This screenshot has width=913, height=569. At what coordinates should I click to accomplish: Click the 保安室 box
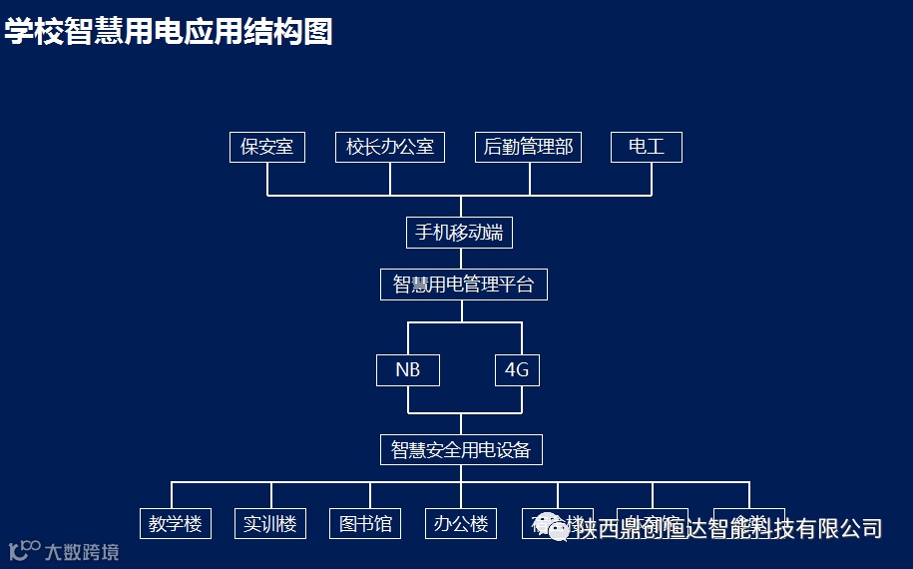267,147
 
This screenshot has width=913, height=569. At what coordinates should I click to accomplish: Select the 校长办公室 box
390,147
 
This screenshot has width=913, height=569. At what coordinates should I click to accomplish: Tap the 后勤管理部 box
529,147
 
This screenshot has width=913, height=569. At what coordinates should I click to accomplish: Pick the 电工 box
647,147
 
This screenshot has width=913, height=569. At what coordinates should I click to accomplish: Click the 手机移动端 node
459,233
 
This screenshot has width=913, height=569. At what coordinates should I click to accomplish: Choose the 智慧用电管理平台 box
464,284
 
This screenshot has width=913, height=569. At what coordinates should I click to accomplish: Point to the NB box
407,370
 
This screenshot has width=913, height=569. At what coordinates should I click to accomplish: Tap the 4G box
517,370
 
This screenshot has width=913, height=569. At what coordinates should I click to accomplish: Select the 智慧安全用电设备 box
461,449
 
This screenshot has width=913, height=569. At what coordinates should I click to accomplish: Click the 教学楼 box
176,523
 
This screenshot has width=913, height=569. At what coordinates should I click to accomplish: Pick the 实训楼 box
270,523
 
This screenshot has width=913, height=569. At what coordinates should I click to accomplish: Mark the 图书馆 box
365,523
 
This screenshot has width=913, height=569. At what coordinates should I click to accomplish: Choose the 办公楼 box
461,523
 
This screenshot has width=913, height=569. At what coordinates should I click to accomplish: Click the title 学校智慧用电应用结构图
168,31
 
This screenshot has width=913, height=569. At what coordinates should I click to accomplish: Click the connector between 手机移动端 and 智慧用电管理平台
461,259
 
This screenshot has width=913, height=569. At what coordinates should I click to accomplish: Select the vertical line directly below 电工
652,179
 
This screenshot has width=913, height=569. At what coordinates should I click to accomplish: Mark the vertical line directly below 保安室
267,179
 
